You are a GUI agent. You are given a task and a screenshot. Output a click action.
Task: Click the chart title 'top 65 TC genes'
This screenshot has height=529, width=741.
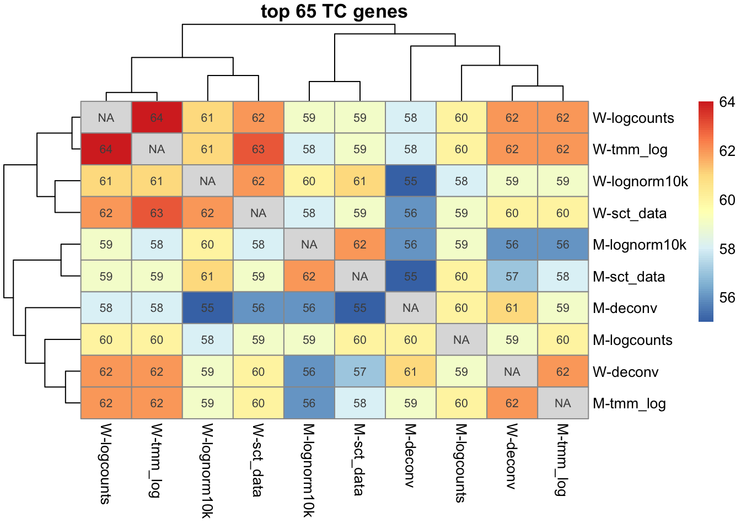point(334,12)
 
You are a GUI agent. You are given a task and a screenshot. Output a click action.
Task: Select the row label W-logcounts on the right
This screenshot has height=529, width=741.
point(633,118)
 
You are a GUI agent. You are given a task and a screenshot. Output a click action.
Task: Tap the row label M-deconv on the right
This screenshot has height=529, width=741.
point(625,308)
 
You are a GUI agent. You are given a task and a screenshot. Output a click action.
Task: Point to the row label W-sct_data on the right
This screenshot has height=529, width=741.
point(629,213)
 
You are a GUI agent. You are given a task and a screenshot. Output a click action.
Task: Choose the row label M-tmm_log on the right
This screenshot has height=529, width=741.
point(629,403)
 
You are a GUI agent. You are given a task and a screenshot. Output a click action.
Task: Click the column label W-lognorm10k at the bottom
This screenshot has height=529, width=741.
point(207,471)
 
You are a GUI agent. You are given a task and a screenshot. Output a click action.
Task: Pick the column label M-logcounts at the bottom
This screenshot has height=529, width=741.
point(461,463)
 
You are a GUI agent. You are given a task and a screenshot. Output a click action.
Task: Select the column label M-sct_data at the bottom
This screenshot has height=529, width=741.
point(359,460)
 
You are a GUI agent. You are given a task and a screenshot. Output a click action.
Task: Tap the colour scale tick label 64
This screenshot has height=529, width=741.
point(727,102)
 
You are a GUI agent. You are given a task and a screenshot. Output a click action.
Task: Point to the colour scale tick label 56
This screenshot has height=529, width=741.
point(727,298)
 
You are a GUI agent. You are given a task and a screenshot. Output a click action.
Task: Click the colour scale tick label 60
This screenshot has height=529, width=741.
point(727,200)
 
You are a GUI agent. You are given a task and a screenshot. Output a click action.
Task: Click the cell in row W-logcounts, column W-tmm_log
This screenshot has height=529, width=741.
point(157,117)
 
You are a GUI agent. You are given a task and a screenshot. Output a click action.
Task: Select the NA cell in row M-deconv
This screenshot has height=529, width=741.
point(411,308)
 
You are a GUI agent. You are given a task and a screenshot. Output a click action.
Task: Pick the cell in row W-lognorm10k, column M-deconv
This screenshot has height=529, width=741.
point(411,181)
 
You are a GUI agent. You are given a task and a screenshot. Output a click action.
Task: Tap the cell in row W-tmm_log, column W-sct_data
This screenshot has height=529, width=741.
point(258,149)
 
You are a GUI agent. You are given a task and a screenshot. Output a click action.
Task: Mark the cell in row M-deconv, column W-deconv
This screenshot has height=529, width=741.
point(512,308)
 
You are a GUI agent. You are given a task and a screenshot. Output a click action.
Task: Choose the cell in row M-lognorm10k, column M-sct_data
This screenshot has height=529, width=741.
point(360,245)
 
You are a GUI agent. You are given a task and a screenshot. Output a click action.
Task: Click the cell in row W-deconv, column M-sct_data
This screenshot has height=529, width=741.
point(360,372)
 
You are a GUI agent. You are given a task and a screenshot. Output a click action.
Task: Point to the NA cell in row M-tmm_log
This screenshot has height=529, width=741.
point(563,403)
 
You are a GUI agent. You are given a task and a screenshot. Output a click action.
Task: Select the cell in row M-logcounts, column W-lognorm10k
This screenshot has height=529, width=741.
point(207,340)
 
